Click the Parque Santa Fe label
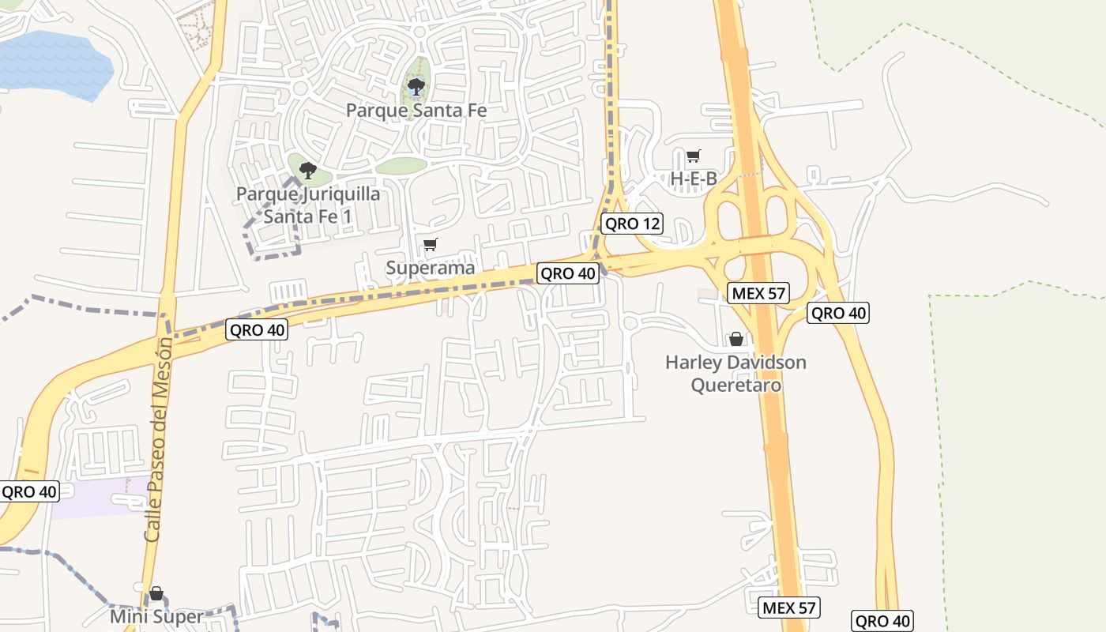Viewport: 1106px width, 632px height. click(416, 111)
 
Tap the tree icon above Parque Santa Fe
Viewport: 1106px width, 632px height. click(416, 85)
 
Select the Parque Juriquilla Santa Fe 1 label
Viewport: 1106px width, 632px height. click(309, 205)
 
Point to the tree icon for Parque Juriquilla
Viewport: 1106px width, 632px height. click(308, 169)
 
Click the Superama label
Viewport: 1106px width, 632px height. click(431, 268)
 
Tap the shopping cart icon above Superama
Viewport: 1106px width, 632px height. click(430, 245)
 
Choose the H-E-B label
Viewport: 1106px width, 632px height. click(694, 179)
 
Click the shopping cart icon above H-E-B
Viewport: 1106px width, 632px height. click(693, 156)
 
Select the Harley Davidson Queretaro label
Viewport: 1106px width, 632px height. click(735, 374)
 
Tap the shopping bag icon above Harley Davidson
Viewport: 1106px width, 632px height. click(736, 339)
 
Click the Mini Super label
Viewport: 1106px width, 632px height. click(156, 616)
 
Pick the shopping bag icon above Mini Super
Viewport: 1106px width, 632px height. click(156, 593)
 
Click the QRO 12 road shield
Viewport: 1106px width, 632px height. click(631, 224)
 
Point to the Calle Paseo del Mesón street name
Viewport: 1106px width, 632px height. click(158, 439)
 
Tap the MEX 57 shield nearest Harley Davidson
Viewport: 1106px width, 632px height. click(758, 293)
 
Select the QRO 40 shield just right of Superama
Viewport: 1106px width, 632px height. click(566, 273)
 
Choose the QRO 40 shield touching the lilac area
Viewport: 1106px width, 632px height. click(29, 491)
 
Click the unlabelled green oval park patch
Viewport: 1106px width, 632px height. click(401, 166)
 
